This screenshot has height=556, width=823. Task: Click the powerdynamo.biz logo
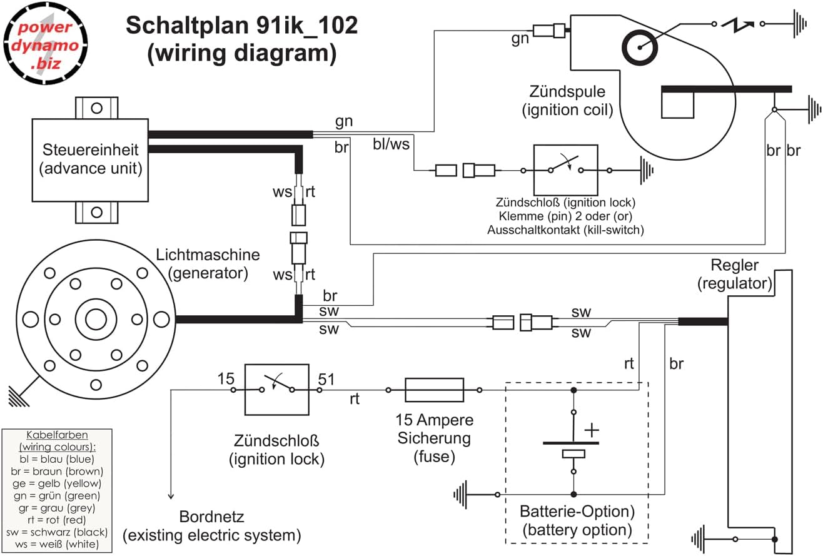coord(44,43)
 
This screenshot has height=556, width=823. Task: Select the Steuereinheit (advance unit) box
coord(90,159)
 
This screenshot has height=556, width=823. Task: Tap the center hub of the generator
coord(96,319)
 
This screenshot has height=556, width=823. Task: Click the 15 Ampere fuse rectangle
coord(435,389)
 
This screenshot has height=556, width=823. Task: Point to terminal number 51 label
coord(326,378)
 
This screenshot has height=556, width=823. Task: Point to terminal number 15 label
coord(226,378)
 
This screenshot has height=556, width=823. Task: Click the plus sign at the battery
coord(590,430)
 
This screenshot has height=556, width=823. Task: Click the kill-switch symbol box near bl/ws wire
coord(565,169)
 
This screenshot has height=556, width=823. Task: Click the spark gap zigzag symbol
coord(737,24)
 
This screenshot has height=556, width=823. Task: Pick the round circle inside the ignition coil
coord(639,46)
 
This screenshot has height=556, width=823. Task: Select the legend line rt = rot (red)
coord(57,519)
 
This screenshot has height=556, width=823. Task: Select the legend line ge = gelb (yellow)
coord(57,483)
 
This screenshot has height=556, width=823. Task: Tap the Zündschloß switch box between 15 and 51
coord(276,389)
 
